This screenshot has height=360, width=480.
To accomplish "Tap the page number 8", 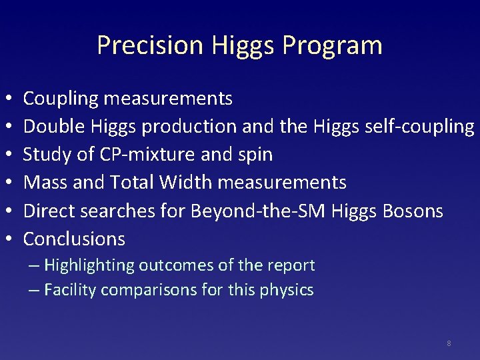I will [449, 343].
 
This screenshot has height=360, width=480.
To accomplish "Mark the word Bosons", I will [413, 211].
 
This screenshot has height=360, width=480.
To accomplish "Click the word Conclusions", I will [74, 239].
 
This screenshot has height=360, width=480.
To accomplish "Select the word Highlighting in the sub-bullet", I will [89, 265].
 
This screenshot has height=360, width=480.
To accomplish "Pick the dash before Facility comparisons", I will [34, 291].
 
